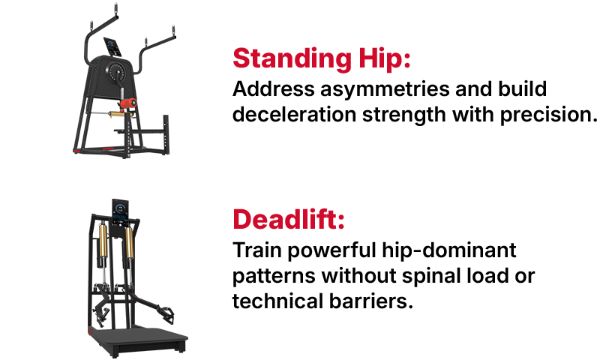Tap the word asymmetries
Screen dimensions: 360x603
point(367,90)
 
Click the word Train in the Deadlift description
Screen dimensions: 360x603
point(252,250)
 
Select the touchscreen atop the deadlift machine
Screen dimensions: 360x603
point(121,211)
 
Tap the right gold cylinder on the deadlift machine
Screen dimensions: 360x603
point(130,247)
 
